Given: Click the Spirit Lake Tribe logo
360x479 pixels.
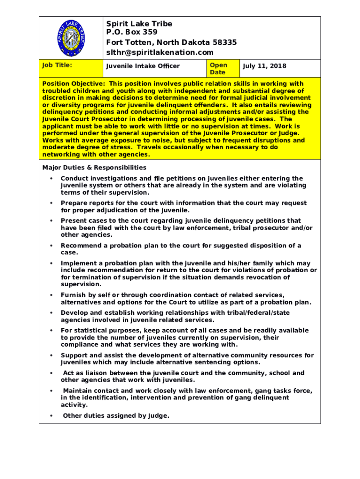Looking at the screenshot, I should [x=71, y=38].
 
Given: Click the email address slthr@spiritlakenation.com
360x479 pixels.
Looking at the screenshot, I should [x=159, y=53].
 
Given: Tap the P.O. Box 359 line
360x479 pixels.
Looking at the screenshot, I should [x=132, y=32].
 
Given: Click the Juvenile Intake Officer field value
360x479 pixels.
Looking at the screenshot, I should [x=143, y=66].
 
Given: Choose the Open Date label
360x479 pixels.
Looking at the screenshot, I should [x=218, y=69].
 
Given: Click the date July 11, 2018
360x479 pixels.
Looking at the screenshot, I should [x=264, y=66].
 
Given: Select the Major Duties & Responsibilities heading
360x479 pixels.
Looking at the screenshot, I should [x=94, y=167].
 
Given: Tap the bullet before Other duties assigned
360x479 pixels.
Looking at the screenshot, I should [x=50, y=416].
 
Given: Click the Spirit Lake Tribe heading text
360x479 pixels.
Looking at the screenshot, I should [x=139, y=24].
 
